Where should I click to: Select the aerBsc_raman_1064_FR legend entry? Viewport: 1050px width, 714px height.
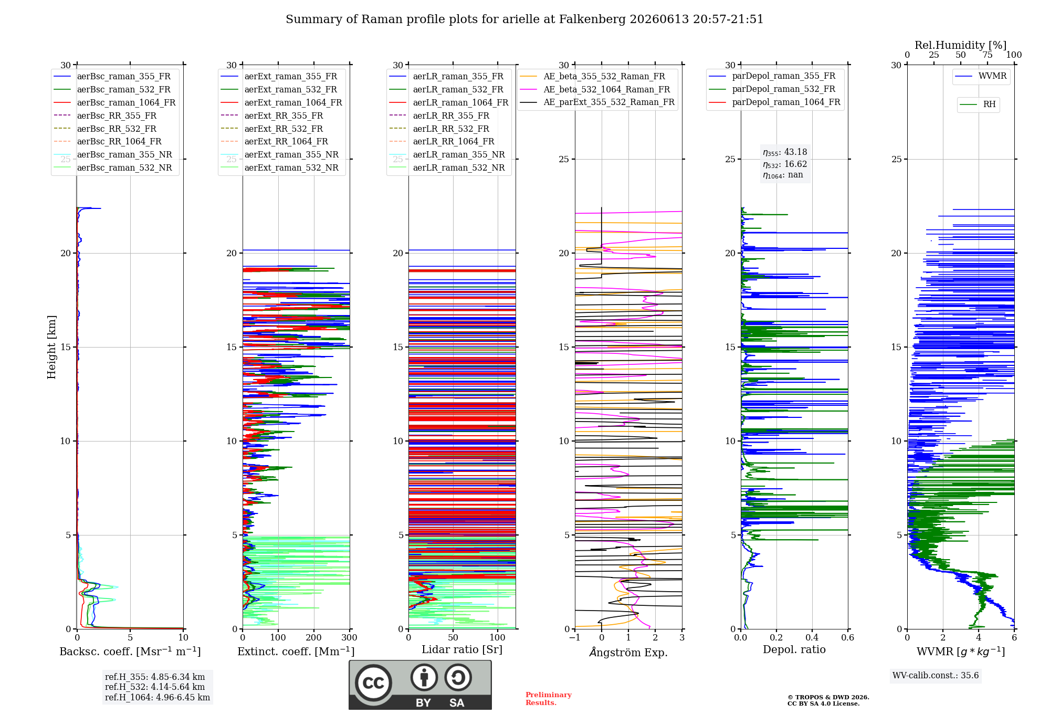pyautogui.click(x=114, y=102)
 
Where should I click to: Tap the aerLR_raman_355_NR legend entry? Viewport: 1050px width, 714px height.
pyautogui.click(x=447, y=154)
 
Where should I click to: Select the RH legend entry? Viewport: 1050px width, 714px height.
pyautogui.click(x=978, y=104)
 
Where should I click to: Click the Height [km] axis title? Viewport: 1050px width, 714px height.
pyautogui.click(x=51, y=347)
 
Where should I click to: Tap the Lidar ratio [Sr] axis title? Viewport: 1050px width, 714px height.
pyautogui.click(x=462, y=649)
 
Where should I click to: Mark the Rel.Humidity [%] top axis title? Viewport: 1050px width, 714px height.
pyautogui.click(x=961, y=45)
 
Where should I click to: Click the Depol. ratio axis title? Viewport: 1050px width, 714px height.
pyautogui.click(x=794, y=649)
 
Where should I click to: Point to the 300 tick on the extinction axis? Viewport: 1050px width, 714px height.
pyautogui.click(x=349, y=637)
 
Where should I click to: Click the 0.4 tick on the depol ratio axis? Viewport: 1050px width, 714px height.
pyautogui.click(x=812, y=637)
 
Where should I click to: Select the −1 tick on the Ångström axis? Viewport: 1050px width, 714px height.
pyautogui.click(x=575, y=637)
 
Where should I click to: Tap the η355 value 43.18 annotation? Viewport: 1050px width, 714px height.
pyautogui.click(x=785, y=152)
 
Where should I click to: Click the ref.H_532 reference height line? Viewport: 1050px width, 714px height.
pyautogui.click(x=155, y=687)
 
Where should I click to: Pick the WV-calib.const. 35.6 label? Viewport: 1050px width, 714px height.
pyautogui.click(x=936, y=675)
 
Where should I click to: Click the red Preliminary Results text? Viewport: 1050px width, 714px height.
pyautogui.click(x=549, y=699)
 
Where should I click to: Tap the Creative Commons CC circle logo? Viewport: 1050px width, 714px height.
pyautogui.click(x=373, y=683)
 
